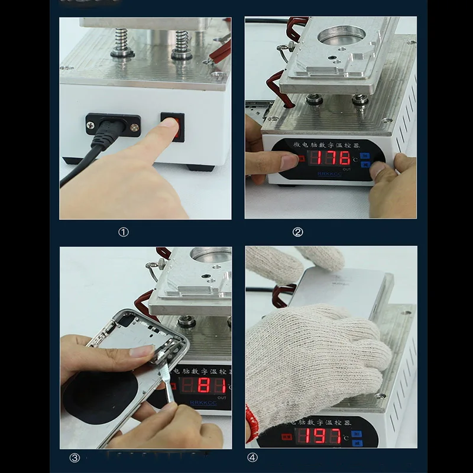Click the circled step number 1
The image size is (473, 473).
pyautogui.click(x=123, y=232)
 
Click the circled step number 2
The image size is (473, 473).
pyautogui.click(x=297, y=232)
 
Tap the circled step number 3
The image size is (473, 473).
pyautogui.click(x=74, y=457)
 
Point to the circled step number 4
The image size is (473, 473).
pyautogui.click(x=252, y=457)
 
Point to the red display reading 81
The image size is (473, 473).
pyautogui.click(x=205, y=386)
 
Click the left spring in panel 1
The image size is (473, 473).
pyautogui.click(x=122, y=43)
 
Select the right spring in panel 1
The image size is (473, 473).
pyautogui.click(x=181, y=45)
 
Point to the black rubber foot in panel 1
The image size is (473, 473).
pyautogui.click(x=199, y=167)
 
